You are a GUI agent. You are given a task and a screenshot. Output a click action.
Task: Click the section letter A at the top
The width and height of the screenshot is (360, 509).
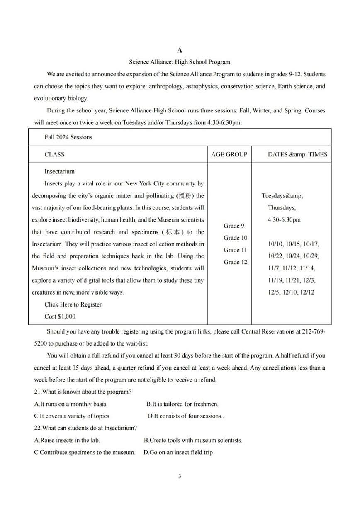180,50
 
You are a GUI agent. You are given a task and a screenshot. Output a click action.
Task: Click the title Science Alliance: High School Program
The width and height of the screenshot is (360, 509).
179,62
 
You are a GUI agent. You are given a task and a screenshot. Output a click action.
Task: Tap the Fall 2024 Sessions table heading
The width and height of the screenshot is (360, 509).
68,137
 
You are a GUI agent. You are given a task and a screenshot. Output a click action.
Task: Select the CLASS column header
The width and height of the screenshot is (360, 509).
54,154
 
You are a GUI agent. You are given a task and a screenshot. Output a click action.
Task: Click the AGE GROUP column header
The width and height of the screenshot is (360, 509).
229,154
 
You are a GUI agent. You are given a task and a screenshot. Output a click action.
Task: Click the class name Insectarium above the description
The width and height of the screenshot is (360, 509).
59,171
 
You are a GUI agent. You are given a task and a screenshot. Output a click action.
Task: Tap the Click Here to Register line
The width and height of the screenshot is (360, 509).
73,304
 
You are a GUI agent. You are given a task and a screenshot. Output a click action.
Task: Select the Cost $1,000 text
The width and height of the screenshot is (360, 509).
60,317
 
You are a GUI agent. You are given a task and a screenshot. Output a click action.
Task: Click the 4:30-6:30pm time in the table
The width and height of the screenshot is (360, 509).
284,220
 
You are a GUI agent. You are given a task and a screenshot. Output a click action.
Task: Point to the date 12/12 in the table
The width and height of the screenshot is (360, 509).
306,292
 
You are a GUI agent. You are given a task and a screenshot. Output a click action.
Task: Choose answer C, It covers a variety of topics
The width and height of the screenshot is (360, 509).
72,416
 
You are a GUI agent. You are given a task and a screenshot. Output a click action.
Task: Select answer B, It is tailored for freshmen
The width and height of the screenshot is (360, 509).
182,404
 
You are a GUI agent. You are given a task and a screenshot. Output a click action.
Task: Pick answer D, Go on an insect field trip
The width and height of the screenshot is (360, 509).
178,452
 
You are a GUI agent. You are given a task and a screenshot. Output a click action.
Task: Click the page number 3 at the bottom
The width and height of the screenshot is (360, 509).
180,476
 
